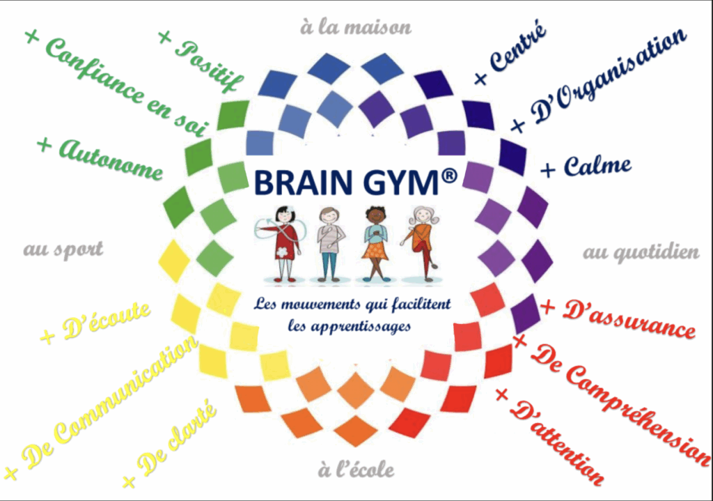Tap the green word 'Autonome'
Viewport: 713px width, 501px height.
[x=111, y=160]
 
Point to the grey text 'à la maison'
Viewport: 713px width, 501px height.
[x=356, y=27]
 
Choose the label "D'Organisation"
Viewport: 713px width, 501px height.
[x=609, y=75]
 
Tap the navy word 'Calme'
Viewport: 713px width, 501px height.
[x=597, y=166]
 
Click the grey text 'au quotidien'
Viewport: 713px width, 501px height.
[x=641, y=253]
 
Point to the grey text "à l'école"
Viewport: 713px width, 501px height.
[x=356, y=470]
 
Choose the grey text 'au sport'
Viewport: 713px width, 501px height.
[x=63, y=249]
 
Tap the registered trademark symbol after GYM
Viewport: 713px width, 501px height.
[x=448, y=176]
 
